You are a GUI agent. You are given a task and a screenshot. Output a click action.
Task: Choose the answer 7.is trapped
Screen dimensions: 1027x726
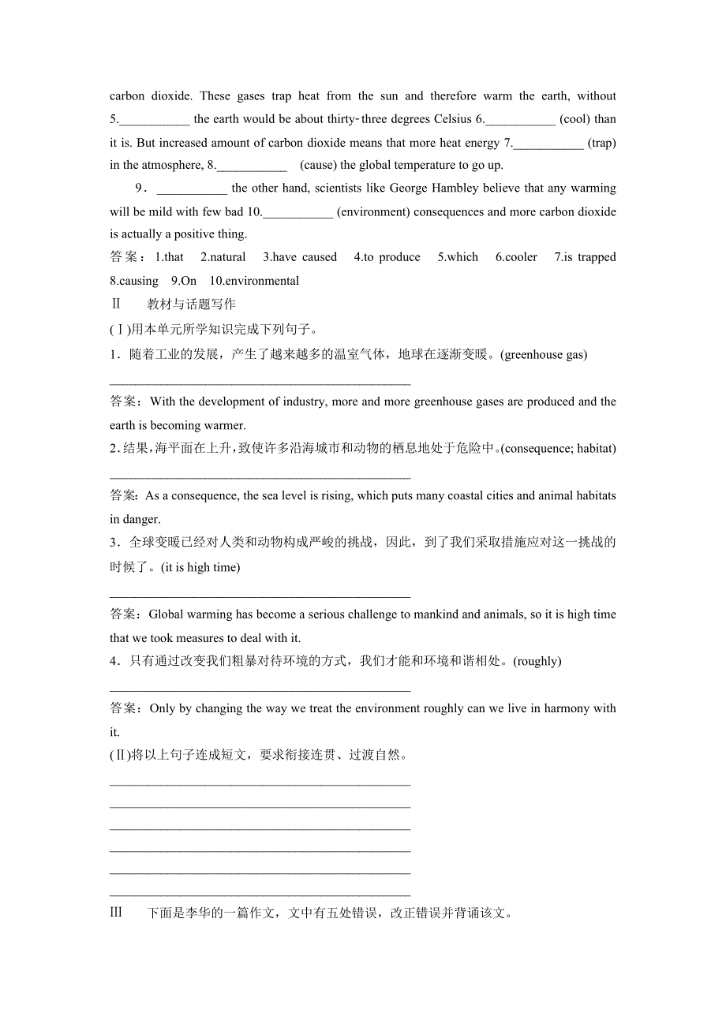pyautogui.click(x=585, y=257)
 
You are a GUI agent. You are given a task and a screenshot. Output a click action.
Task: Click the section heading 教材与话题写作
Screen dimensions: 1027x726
pyautogui.click(x=191, y=304)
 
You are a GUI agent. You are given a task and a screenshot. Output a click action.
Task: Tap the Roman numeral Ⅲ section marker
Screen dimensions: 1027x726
pyautogui.click(x=116, y=913)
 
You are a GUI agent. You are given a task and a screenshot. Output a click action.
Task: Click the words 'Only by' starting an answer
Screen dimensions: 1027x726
pyautogui.click(x=170, y=708)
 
